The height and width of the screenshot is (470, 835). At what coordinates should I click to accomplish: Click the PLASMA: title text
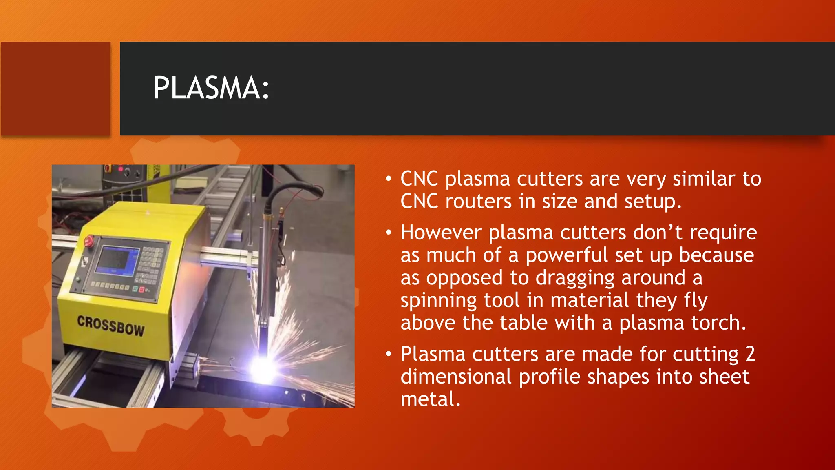point(211,88)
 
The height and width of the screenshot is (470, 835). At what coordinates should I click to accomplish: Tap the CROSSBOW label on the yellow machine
point(111,326)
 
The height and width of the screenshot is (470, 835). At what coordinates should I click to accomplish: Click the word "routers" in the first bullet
point(478,202)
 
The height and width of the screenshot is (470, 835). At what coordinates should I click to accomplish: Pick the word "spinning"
point(438,301)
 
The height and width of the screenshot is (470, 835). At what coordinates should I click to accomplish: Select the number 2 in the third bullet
point(750,354)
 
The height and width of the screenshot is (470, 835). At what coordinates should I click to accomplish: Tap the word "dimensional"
point(456,377)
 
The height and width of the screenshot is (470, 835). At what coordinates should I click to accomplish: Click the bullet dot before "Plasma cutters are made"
point(389,354)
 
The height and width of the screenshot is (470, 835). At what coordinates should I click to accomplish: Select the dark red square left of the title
point(55,89)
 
